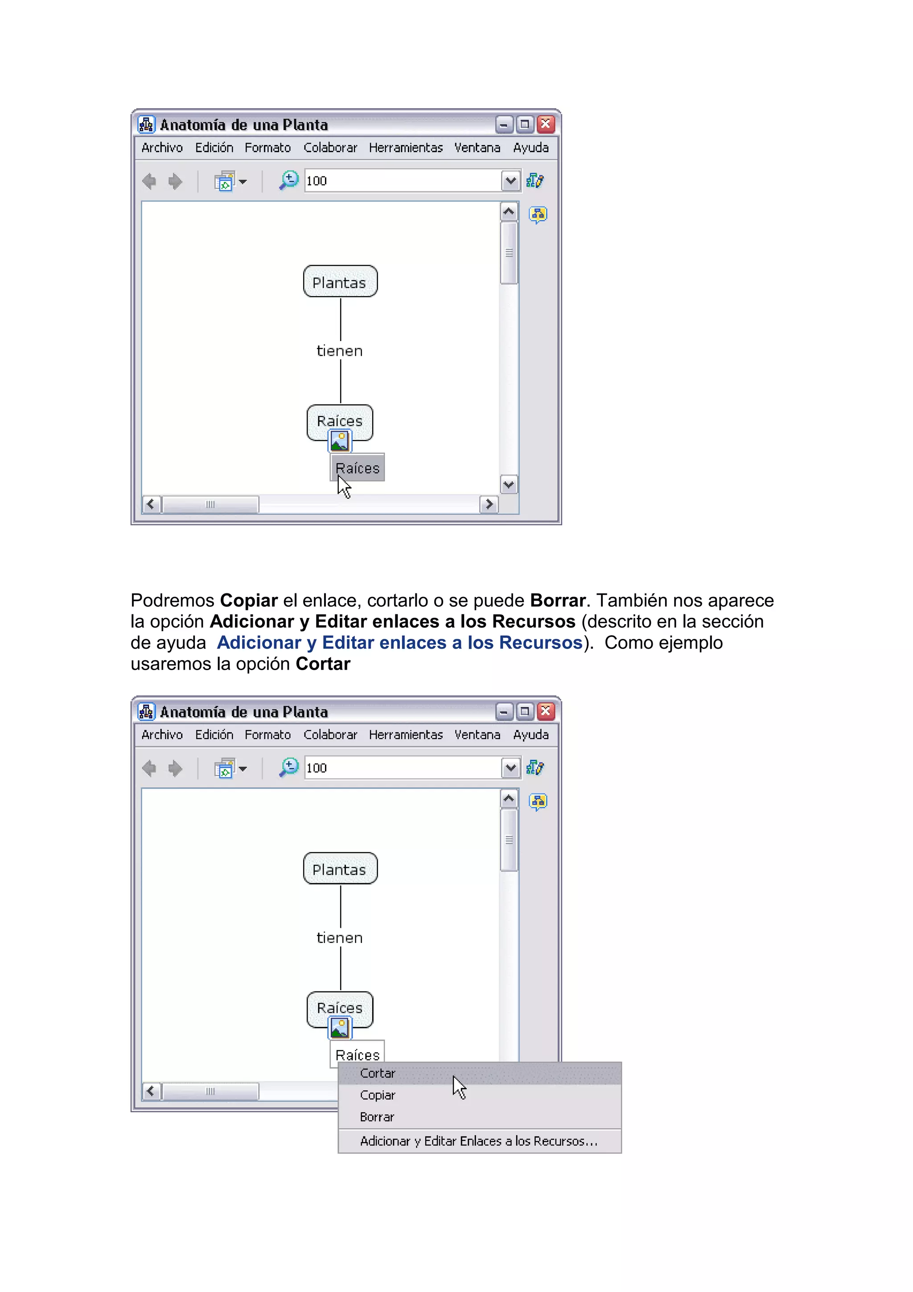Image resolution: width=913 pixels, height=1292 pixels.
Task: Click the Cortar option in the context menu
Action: click(x=378, y=1073)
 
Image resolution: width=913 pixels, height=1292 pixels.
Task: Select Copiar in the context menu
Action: click(x=378, y=1095)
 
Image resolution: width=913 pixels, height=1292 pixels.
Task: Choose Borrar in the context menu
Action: click(x=377, y=1117)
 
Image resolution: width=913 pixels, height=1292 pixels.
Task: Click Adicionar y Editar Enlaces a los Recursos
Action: click(x=478, y=1141)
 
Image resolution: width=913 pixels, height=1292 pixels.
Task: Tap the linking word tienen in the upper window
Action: click(x=340, y=351)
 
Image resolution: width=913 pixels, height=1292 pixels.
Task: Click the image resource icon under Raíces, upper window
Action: click(x=339, y=441)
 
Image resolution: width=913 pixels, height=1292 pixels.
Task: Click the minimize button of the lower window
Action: click(x=503, y=712)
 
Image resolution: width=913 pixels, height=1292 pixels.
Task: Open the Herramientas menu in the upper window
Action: click(x=406, y=148)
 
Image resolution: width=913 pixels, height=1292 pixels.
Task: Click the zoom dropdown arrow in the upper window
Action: click(x=510, y=181)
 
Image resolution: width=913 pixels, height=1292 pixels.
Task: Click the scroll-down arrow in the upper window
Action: click(x=509, y=485)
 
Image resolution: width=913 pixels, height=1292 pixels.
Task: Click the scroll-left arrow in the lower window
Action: click(x=151, y=1091)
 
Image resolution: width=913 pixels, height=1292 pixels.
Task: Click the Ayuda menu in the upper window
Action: click(x=531, y=148)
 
